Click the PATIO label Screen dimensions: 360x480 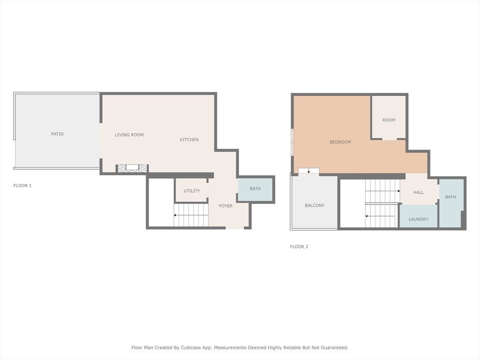click(x=57, y=134)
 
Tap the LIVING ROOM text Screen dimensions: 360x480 click(x=129, y=135)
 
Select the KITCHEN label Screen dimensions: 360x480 click(x=189, y=140)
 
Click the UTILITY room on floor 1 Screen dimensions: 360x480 click(x=192, y=191)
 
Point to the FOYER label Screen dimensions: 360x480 click(x=226, y=206)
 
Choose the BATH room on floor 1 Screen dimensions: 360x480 click(x=255, y=189)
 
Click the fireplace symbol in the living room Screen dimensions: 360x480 click(x=132, y=168)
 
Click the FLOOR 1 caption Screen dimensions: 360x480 click(x=22, y=186)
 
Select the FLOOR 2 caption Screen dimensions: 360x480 click(x=299, y=247)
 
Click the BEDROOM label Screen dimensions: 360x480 click(x=340, y=142)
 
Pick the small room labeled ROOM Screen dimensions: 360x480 click(x=389, y=120)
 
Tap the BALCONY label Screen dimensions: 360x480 click(x=315, y=205)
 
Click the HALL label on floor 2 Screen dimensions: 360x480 click(x=419, y=192)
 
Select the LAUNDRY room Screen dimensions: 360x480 click(x=419, y=219)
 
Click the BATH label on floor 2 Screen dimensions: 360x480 click(x=450, y=197)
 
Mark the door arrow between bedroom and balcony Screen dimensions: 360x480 click(x=308, y=171)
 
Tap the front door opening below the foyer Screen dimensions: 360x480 click(x=235, y=228)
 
